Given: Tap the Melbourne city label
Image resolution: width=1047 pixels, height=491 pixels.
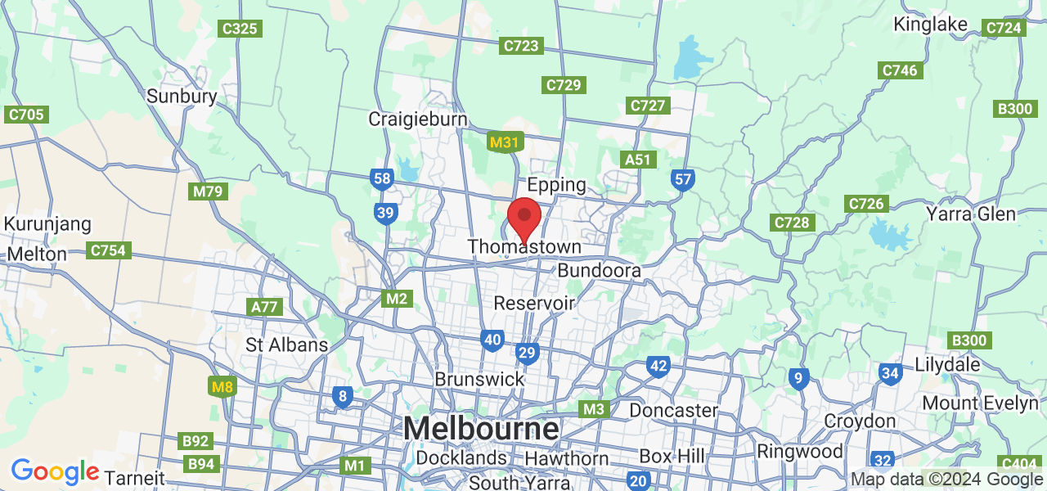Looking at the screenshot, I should (481, 428).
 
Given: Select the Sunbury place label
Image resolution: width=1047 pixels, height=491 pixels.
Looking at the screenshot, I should (182, 96).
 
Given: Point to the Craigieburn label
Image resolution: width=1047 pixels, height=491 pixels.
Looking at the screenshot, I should (417, 119).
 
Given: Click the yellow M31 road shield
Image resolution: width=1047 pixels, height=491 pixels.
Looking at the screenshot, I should (504, 142).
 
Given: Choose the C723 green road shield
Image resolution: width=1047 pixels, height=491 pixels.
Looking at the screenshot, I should (521, 46).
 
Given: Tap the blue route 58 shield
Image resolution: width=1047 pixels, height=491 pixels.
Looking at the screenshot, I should (382, 178).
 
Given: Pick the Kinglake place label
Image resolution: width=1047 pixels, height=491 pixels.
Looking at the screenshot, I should (931, 24).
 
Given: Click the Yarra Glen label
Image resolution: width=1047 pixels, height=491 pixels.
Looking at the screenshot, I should (971, 214).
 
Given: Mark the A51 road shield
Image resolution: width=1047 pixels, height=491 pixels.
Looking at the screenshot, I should (639, 160).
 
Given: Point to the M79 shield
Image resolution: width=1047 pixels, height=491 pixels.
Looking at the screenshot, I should (208, 191).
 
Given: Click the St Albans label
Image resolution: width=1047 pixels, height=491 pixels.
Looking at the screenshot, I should (287, 345).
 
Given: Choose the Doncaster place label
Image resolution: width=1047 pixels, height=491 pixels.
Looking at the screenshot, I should (673, 409).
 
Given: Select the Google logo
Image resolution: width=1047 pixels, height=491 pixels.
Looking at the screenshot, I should (55, 471).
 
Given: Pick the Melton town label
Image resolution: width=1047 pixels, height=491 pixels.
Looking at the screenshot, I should (37, 254).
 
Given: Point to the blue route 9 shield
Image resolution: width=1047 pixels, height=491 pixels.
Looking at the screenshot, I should (799, 378).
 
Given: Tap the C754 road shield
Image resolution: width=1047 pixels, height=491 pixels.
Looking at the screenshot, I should (110, 250).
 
